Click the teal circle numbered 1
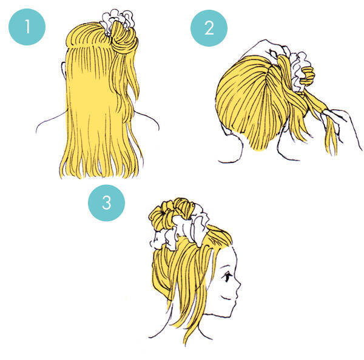pyautogui.click(x=27, y=27)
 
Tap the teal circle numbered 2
pyautogui.click(x=209, y=28)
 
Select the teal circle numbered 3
pyautogui.click(x=106, y=203)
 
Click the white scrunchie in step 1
pyautogui.click(x=117, y=20)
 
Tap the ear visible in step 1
pyautogui.click(x=64, y=70)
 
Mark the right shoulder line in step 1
pyautogui.click(x=147, y=120)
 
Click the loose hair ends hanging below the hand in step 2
pyautogui.click(x=331, y=139)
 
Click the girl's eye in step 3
pyautogui.click(x=227, y=277)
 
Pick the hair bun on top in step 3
pyautogui.click(x=172, y=212)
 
